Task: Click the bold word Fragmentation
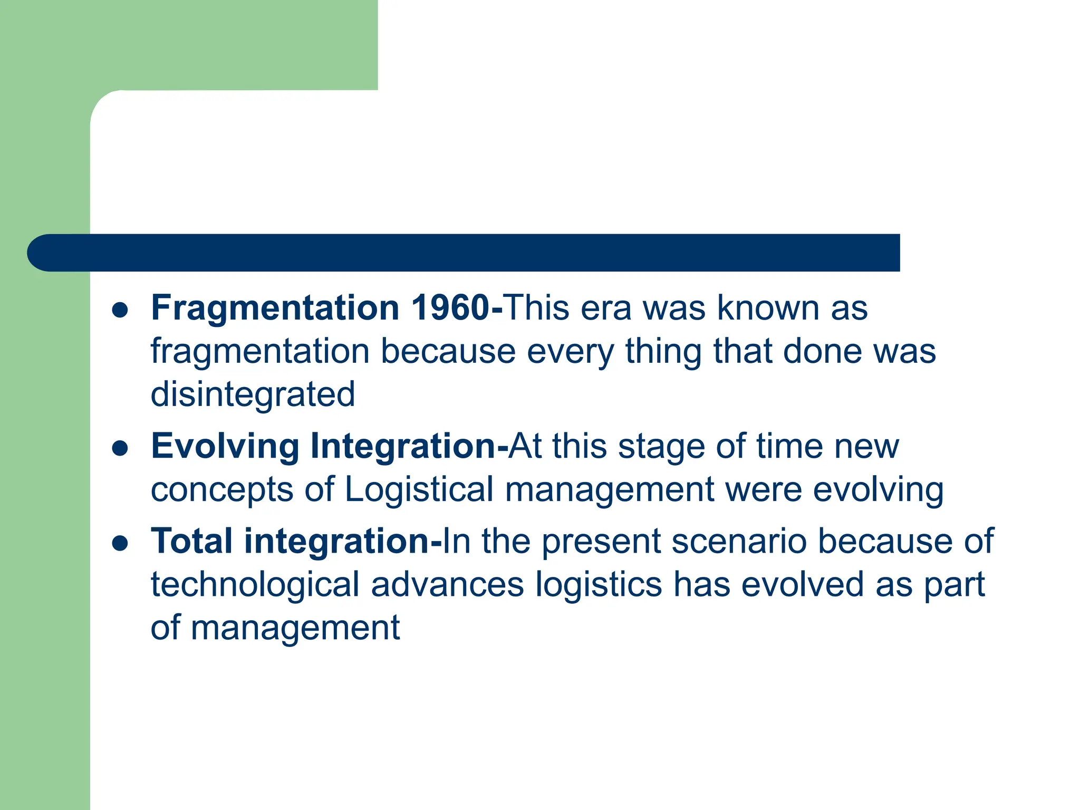[275, 308]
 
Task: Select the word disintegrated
[253, 394]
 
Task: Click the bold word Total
[191, 542]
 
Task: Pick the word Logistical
[419, 490]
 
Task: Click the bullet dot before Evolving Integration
[120, 449]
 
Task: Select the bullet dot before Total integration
[120, 544]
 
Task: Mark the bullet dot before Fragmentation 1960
[120, 311]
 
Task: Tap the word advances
[448, 585]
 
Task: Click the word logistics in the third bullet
[599, 585]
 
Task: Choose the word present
[601, 543]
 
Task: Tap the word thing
[663, 352]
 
